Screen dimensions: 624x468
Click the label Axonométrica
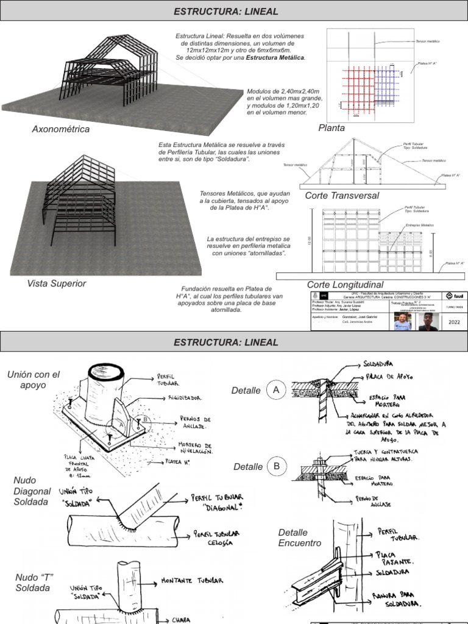[x=61, y=129]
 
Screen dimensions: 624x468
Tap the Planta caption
[x=331, y=128]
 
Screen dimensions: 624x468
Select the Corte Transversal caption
[x=342, y=196]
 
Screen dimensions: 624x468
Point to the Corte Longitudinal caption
[x=345, y=285]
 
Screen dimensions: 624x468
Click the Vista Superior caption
[x=57, y=283]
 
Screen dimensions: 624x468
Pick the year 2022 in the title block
[x=454, y=322]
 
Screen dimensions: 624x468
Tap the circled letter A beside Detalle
[x=277, y=391]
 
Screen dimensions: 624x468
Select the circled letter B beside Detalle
[x=277, y=467]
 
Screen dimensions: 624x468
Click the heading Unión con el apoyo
[x=34, y=380]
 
